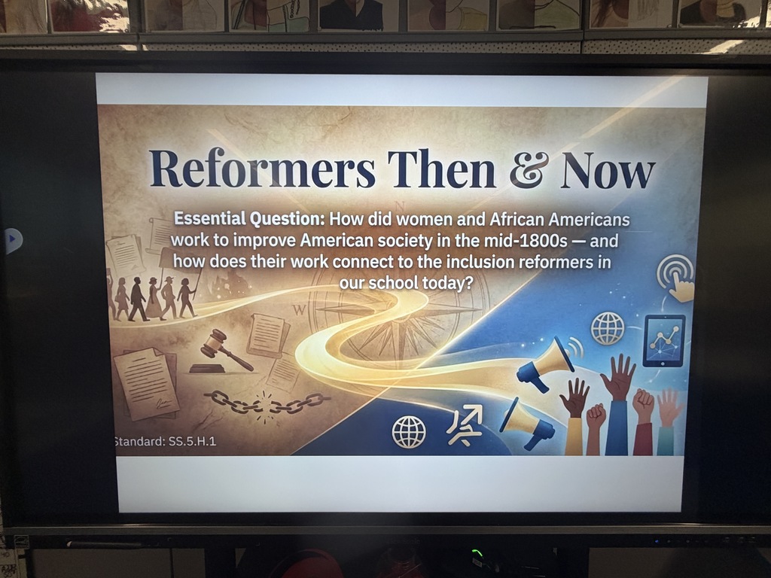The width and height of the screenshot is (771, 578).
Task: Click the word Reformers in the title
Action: [262, 169]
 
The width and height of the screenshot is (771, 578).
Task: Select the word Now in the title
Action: [607, 171]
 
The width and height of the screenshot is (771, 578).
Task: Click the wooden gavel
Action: [224, 351]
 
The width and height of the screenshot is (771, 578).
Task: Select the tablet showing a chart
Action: [663, 340]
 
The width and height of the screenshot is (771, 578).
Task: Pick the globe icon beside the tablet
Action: [608, 328]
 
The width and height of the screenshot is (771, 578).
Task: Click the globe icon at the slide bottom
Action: [409, 432]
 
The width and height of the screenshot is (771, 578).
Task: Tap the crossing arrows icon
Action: [464, 425]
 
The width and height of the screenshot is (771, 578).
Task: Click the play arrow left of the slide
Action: [13, 241]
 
